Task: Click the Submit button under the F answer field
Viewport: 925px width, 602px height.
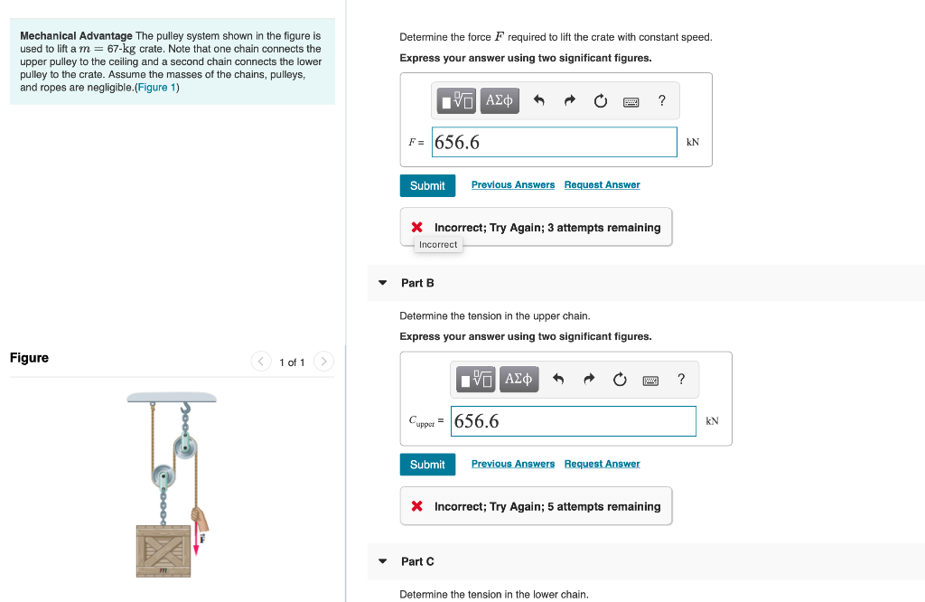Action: [x=427, y=185]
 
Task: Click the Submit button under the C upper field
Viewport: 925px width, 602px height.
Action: [x=427, y=465]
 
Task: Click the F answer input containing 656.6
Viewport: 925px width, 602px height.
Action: [x=554, y=142]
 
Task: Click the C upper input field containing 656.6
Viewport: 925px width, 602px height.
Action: [x=573, y=421]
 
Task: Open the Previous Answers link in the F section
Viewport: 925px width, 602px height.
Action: [x=512, y=185]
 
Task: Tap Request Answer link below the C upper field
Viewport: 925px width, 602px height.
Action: [x=602, y=465]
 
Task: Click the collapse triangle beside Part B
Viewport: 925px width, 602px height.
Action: [x=382, y=283]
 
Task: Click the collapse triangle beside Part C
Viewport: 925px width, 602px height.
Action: [x=382, y=561]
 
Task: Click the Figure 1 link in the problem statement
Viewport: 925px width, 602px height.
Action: [x=156, y=88]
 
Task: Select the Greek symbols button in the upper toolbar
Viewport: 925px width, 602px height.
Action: [x=500, y=100]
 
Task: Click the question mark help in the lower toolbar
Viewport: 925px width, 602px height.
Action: [x=681, y=380]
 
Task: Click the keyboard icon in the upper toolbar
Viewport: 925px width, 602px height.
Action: [x=631, y=101]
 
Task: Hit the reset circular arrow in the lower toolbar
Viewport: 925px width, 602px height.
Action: [x=620, y=380]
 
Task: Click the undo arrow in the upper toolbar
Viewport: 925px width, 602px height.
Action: [x=538, y=101]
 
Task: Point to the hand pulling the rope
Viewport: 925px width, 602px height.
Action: [x=200, y=519]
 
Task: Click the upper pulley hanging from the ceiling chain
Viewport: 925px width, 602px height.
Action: [x=186, y=447]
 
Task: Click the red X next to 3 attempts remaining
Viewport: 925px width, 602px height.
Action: [x=417, y=228]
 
